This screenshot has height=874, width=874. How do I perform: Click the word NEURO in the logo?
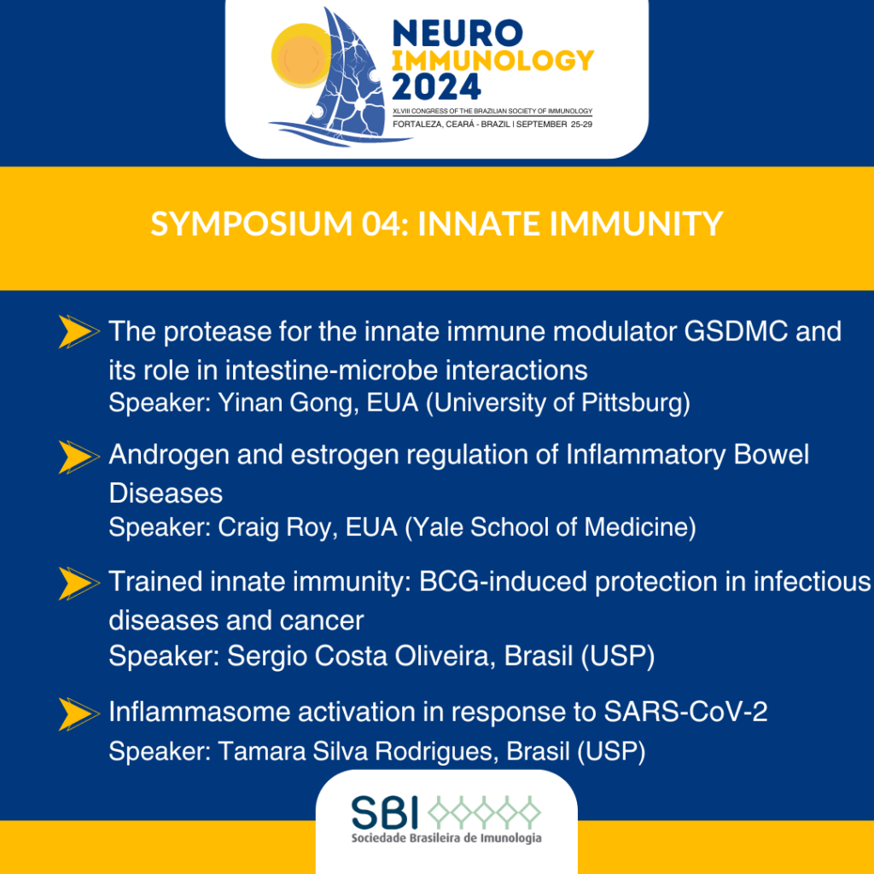click(x=457, y=33)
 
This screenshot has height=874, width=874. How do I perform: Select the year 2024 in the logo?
click(x=436, y=86)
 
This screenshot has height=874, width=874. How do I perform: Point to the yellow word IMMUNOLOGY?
click(x=492, y=61)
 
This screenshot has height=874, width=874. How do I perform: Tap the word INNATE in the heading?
click(x=480, y=224)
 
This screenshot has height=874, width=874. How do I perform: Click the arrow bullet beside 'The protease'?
click(x=79, y=332)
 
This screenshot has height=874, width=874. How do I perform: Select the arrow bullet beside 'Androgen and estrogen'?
click(x=79, y=457)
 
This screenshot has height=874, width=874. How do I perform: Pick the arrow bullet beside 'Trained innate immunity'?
click(x=79, y=584)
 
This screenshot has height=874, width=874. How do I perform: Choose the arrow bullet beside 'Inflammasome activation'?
click(x=79, y=714)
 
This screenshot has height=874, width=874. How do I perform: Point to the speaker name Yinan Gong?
click(x=288, y=403)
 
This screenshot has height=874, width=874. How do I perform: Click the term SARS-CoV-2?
click(x=685, y=712)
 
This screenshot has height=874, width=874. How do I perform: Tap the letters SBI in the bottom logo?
click(x=385, y=812)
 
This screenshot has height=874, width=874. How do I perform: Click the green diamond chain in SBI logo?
click(x=484, y=812)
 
